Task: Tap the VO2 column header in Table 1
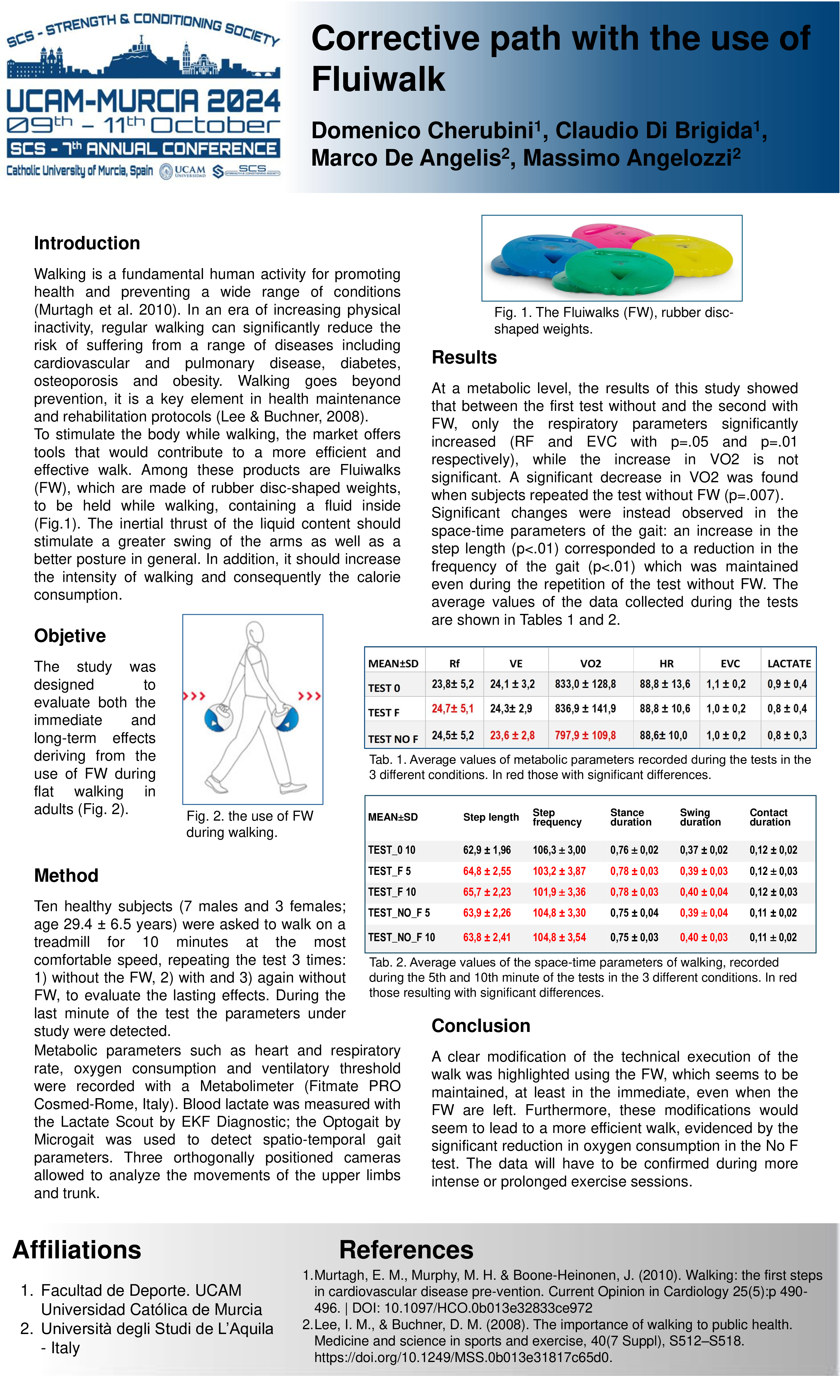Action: pyautogui.click(x=590, y=663)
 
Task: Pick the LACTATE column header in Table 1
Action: pyautogui.click(x=789, y=663)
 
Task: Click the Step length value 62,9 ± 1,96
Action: pyautogui.click(x=487, y=850)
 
